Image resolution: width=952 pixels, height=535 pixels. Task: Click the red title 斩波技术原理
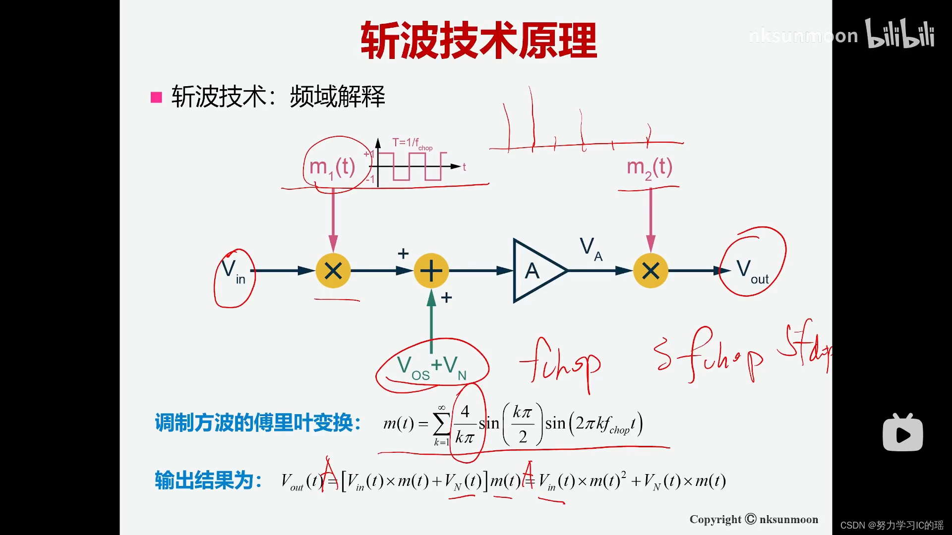478,41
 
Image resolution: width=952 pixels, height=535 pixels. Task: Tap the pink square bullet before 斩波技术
156,97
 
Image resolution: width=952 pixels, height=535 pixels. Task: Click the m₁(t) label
332,167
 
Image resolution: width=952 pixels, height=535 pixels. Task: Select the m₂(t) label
650,167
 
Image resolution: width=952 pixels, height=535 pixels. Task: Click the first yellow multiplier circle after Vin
333,271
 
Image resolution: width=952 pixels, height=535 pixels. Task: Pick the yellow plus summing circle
431,271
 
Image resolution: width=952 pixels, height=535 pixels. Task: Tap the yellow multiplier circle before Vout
651,271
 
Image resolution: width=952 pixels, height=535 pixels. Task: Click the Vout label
752,271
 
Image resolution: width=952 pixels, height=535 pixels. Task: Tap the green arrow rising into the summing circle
431,322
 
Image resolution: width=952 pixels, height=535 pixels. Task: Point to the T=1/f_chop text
412,144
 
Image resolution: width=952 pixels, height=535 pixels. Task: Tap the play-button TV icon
902,433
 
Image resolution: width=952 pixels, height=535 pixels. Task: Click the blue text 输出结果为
208,481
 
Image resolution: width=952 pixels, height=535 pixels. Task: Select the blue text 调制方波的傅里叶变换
258,423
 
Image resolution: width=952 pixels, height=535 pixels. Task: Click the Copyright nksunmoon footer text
754,519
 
